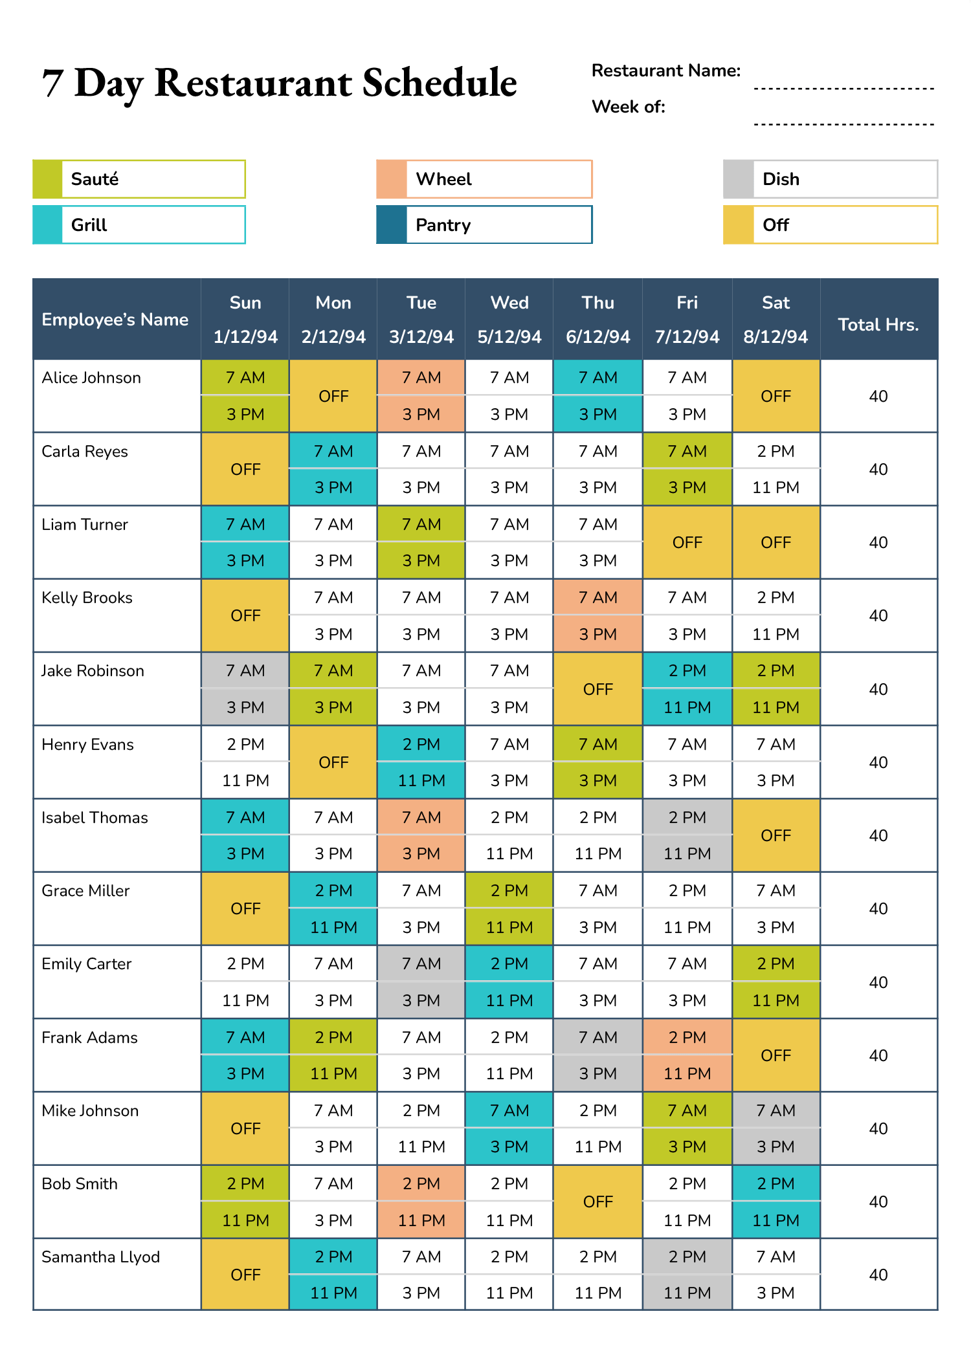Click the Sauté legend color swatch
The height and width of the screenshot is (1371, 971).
point(47,179)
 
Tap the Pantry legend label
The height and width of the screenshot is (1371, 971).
point(443,225)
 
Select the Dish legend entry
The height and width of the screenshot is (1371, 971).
point(781,179)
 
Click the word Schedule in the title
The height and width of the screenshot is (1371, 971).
point(440,83)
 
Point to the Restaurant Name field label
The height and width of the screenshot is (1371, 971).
point(665,71)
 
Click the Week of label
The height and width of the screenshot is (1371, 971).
point(628,107)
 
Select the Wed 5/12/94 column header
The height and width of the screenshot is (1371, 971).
point(509,320)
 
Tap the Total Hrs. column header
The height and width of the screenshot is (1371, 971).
point(878,325)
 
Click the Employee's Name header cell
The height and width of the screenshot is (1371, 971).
point(115,320)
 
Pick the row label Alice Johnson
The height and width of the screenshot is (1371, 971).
point(91,378)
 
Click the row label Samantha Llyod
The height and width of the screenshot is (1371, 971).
point(100,1257)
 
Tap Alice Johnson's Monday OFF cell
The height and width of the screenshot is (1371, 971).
point(333,396)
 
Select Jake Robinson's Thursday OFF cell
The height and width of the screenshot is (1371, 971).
point(597,689)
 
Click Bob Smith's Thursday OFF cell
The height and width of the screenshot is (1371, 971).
point(597,1201)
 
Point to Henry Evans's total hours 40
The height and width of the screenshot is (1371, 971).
point(878,762)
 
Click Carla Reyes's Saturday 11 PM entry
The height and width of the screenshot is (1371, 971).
point(776,487)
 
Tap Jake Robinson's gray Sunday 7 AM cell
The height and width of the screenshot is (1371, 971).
point(245,671)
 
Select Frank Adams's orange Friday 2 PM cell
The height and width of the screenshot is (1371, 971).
point(687,1037)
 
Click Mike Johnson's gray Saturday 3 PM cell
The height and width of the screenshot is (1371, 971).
point(776,1146)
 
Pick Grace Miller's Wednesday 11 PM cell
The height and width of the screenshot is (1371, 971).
point(509,927)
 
